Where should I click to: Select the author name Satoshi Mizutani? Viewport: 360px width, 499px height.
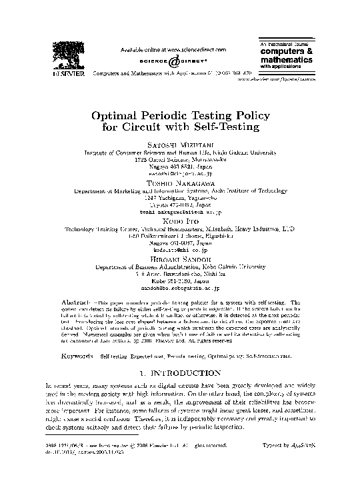point(179,144)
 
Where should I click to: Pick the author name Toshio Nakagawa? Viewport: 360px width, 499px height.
point(179,181)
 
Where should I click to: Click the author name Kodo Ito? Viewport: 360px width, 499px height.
point(179,219)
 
